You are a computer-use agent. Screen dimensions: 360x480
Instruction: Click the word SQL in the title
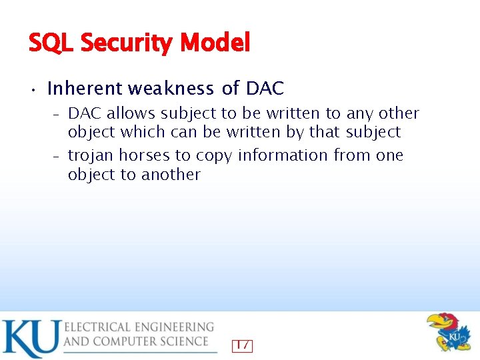click(51, 43)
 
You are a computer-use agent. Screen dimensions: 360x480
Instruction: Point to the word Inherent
click(85, 88)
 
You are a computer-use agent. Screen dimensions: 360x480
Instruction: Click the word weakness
click(171, 88)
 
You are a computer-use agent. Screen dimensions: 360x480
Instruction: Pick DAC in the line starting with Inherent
click(265, 88)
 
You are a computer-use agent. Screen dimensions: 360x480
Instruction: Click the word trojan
click(90, 155)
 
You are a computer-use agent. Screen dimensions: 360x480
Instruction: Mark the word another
click(171, 175)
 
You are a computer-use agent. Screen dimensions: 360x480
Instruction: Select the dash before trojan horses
click(57, 156)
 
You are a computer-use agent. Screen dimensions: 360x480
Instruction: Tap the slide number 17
click(242, 345)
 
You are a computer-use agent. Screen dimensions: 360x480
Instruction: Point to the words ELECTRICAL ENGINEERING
click(139, 327)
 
